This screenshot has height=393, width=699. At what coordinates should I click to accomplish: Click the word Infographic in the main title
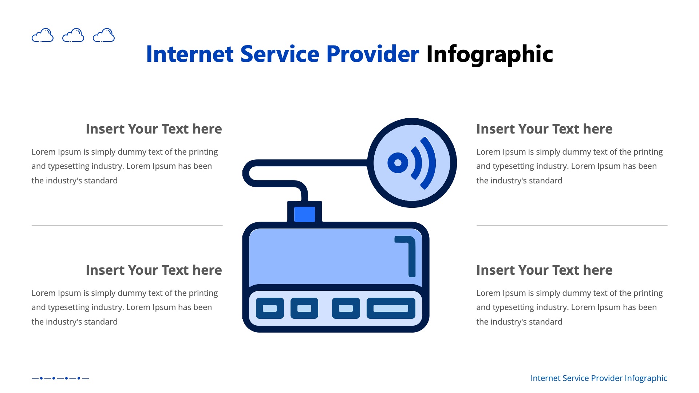coord(489,55)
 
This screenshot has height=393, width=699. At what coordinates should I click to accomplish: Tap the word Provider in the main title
coord(372,55)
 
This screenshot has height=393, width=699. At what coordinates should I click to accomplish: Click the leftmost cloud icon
coord(43,35)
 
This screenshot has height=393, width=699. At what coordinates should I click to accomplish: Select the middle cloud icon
coord(73,35)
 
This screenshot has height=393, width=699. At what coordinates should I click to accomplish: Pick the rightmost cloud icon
coord(104,35)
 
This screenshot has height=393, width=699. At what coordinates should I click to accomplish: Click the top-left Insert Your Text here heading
coord(154,129)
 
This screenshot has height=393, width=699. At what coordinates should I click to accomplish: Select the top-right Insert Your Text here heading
coord(544,129)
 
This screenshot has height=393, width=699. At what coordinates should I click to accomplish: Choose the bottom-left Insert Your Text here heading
coord(154,270)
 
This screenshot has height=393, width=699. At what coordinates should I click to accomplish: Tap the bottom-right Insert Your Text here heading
coord(544,270)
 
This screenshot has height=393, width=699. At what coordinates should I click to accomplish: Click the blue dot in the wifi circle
coord(398,163)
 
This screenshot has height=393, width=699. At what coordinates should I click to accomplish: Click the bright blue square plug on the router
coord(304,214)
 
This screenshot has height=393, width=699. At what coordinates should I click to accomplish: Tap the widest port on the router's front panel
coord(391,308)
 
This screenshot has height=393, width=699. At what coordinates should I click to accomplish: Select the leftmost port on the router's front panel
coord(270,308)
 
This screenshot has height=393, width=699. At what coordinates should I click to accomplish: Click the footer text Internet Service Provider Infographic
coord(599,378)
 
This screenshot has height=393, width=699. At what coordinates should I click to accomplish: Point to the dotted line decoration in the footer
coord(60,378)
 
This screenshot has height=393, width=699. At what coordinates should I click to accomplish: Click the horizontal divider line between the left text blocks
coord(127,226)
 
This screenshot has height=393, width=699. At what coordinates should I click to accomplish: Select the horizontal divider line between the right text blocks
coord(572,226)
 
